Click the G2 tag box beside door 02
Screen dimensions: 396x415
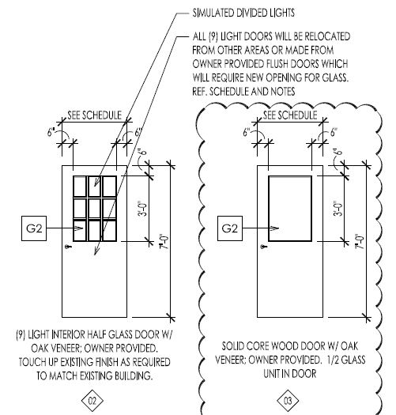click(34, 228)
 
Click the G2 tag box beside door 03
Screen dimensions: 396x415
click(230, 228)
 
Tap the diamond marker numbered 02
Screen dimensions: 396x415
click(92, 401)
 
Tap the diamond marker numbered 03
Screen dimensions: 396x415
click(288, 401)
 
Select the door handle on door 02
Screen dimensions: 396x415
click(69, 247)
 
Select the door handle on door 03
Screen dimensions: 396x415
click(264, 247)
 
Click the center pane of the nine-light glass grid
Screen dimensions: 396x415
click(95, 209)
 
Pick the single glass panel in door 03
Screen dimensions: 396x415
click(290, 209)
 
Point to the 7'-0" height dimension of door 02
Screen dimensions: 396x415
click(164, 241)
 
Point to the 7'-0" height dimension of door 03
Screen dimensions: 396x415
click(360, 241)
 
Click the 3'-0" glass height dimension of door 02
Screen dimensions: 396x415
click(142, 209)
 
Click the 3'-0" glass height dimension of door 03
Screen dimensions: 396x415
click(338, 209)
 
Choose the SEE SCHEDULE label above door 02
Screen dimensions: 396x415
click(95, 115)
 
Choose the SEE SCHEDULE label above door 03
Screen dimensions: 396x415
click(290, 115)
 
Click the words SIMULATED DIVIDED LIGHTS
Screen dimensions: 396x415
click(243, 13)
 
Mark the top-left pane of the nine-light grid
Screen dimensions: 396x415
click(80, 187)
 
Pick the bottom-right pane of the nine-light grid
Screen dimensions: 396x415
click(109, 230)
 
